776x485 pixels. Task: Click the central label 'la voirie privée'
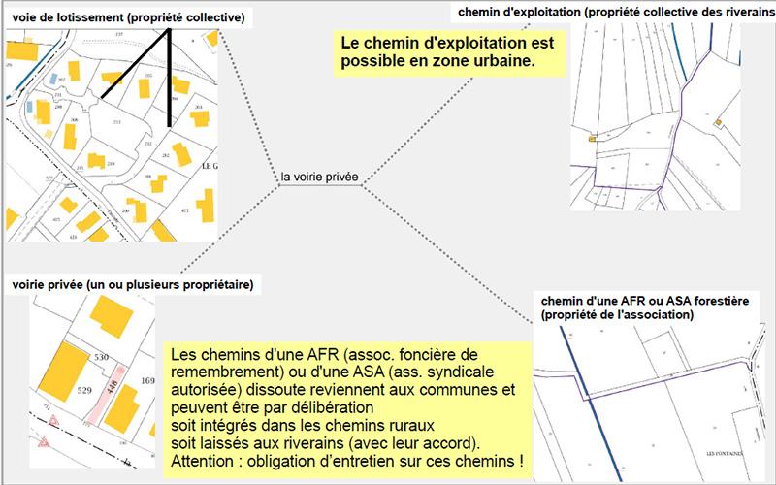(319, 178)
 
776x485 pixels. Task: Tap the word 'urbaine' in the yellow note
(504, 62)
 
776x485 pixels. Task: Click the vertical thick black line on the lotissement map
(171, 82)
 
